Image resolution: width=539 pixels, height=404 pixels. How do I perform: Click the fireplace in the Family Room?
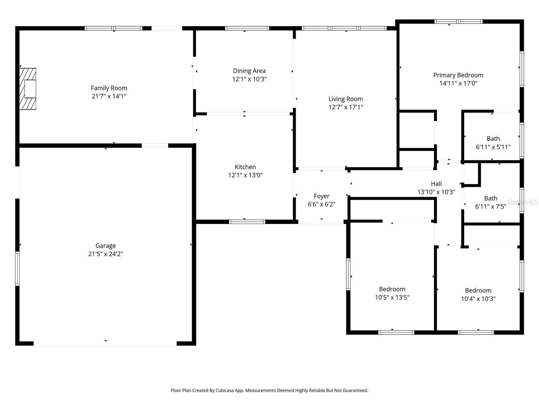28,89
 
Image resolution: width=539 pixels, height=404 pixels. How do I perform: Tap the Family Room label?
109,88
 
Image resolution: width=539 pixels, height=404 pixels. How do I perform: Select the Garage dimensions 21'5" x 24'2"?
105,254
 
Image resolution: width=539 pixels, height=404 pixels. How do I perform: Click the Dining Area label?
249,71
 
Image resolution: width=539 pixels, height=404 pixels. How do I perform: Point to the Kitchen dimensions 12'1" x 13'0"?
245,175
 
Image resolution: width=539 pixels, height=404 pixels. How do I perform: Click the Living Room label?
346,99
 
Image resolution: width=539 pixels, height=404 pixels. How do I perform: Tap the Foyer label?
321,196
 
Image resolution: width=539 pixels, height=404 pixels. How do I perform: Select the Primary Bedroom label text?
458,75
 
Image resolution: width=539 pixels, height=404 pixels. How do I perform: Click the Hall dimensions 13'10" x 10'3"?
436,192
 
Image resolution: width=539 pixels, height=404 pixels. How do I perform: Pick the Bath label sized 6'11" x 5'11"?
493,139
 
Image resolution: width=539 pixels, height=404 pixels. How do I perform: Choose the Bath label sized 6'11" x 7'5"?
490,198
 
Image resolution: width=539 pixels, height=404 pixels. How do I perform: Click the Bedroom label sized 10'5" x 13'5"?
392,289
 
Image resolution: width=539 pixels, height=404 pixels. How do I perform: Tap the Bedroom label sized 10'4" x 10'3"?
478,291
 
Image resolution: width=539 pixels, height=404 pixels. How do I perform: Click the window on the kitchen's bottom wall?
247,222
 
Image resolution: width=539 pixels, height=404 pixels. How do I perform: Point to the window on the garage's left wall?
17,269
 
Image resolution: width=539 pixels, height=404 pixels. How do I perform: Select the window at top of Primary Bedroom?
458,22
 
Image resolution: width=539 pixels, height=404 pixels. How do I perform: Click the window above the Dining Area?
247,28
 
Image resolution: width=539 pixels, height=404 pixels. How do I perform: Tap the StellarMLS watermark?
522,202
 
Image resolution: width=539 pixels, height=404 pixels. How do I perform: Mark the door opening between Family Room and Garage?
155,146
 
